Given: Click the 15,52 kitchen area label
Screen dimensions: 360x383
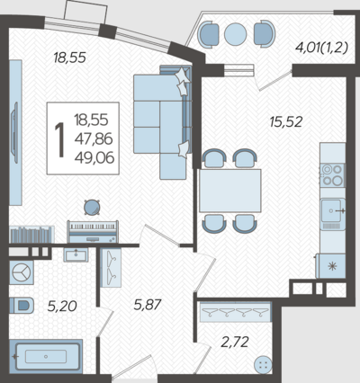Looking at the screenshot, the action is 286,122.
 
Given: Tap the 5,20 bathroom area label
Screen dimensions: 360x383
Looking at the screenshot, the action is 62,307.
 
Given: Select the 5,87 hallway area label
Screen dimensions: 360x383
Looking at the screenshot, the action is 148,305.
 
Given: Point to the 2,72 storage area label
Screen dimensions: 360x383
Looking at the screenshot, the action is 235,342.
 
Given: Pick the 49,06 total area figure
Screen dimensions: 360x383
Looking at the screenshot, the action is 94,157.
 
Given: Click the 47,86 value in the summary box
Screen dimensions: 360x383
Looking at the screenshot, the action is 94,138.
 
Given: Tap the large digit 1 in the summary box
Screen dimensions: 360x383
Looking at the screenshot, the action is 60,139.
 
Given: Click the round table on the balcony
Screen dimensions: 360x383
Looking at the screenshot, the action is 236,34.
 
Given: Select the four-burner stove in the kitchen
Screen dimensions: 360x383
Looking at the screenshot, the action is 332,175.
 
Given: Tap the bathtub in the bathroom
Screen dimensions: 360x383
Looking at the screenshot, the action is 46,357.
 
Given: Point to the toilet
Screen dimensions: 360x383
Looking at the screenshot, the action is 21,306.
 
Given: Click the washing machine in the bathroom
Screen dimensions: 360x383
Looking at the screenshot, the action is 22,272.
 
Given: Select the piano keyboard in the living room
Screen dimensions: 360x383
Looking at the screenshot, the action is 93,232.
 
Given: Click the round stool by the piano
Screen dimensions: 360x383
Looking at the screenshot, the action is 92,208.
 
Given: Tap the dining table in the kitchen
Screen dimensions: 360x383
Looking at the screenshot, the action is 230,191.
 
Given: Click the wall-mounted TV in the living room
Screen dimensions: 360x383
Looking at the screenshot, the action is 14,133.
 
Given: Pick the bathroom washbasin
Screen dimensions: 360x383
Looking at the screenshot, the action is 76,254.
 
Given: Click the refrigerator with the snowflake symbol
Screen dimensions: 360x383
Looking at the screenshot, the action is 331,266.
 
